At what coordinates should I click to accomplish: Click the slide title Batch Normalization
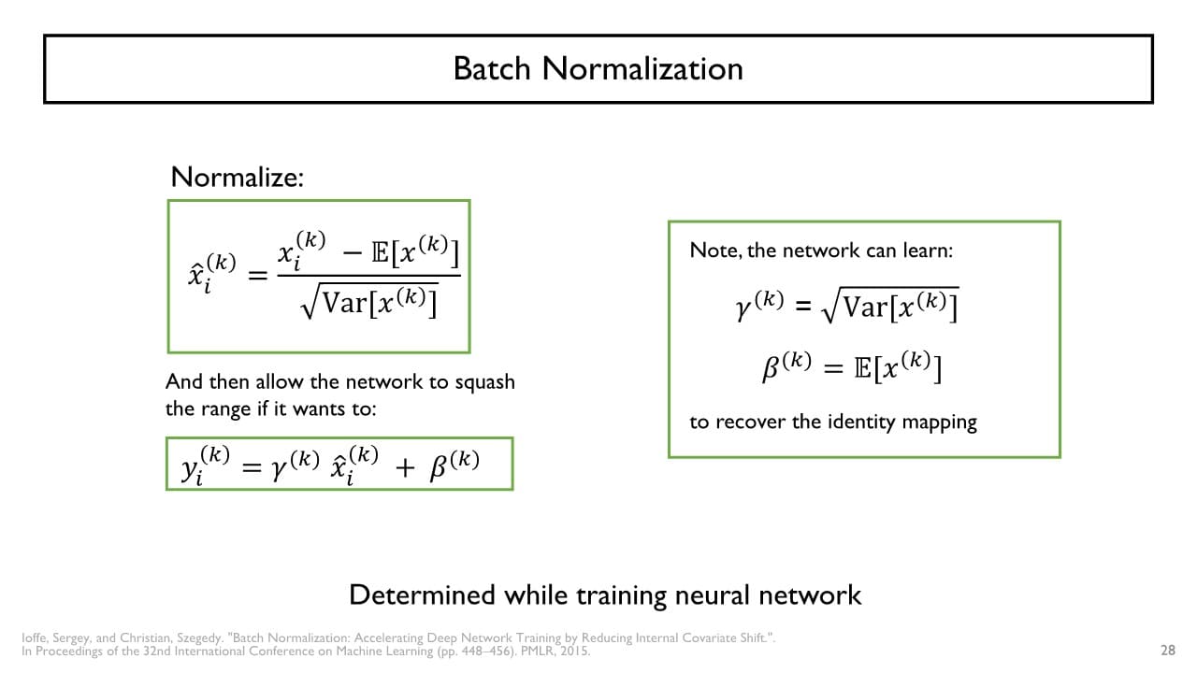598,68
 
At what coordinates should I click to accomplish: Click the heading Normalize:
238,177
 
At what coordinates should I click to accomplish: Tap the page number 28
1167,651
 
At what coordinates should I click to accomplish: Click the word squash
485,382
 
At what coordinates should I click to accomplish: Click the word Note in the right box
710,251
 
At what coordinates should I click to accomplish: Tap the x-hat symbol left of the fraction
196,278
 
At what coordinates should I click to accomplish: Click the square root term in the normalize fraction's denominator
369,301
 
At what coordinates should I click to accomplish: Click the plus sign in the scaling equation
404,467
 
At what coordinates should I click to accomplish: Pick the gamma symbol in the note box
745,305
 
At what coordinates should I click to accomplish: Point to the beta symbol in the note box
772,369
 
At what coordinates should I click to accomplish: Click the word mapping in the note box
940,422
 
